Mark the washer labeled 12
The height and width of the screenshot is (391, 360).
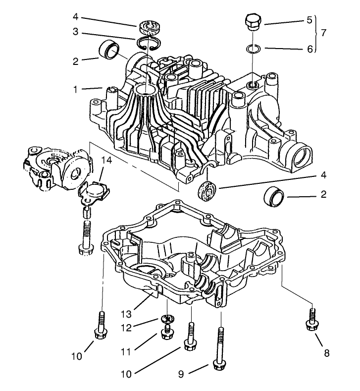tap(167, 319)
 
